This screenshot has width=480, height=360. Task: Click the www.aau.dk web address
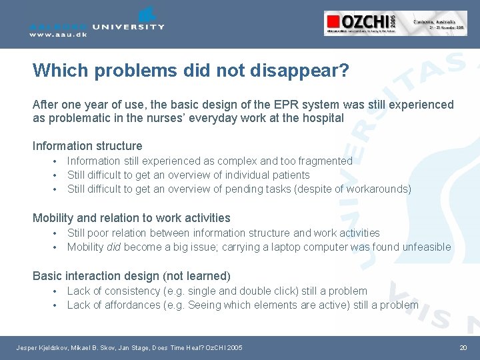point(58,35)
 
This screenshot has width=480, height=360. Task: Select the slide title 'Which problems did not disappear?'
point(191,71)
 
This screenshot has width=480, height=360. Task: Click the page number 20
point(463,348)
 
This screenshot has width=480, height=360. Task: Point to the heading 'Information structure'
point(87,146)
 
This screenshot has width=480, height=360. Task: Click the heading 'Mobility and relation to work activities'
point(131,218)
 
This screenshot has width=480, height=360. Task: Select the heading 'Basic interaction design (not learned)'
point(131,276)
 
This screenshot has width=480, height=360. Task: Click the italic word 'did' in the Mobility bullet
point(114,247)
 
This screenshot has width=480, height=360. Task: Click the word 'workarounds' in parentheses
point(377,189)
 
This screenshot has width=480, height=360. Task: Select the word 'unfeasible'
point(426,247)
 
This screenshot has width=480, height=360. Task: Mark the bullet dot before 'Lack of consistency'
point(54,291)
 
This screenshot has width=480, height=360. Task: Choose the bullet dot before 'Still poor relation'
point(54,233)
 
